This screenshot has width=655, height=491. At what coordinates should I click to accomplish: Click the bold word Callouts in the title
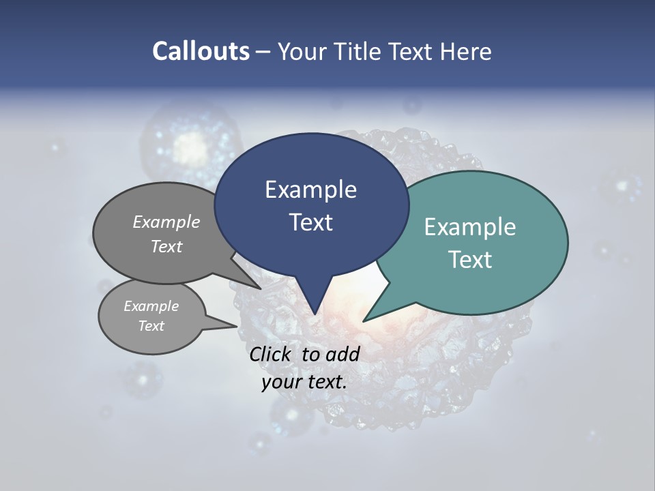(x=201, y=51)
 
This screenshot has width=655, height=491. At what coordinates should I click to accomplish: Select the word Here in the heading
(x=466, y=51)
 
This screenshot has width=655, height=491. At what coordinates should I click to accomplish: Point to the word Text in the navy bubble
(x=310, y=222)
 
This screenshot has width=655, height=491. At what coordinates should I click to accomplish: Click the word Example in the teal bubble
(x=470, y=227)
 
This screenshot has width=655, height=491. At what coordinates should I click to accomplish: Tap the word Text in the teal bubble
(x=470, y=260)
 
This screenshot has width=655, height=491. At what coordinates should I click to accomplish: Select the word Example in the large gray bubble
(x=166, y=222)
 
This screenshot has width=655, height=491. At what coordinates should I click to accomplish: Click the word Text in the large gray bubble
(x=166, y=246)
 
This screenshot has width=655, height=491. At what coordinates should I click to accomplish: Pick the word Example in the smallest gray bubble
(x=151, y=306)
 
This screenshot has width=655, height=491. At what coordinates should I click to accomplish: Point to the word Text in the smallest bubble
(x=151, y=326)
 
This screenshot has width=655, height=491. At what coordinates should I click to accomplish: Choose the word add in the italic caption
(x=343, y=354)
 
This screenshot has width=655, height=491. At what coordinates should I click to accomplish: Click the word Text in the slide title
(x=413, y=51)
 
